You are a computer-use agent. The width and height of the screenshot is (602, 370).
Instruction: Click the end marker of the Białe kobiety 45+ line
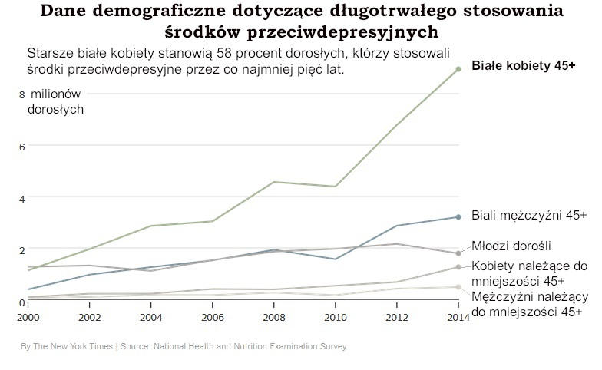pos(458,69)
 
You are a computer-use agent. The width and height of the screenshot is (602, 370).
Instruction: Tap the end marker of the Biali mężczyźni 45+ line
pos(458,217)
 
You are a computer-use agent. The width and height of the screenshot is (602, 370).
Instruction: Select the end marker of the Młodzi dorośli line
pos(458,253)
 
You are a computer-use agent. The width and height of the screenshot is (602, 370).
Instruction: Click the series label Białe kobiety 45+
pos(523,67)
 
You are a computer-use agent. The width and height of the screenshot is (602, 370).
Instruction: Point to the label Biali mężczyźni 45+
pos(528,216)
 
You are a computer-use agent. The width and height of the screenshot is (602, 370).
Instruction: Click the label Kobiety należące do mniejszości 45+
pos(528,273)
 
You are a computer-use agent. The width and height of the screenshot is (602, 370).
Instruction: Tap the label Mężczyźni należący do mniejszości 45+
pos(529,304)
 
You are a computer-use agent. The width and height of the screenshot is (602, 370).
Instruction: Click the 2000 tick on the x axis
pos(28,316)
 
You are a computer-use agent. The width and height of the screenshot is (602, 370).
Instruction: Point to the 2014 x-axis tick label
pos(458,316)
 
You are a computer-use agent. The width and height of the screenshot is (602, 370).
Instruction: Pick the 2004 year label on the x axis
pos(150,316)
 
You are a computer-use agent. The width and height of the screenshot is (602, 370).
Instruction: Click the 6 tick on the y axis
pos(22,146)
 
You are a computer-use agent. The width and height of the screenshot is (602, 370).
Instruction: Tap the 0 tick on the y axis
pos(22,302)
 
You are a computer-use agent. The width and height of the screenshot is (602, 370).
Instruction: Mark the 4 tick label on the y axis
pos(22,198)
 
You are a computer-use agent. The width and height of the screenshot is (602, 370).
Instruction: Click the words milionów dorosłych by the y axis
pos(55,101)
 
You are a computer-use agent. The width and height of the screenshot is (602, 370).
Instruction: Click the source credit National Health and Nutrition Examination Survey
pos(249,346)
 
